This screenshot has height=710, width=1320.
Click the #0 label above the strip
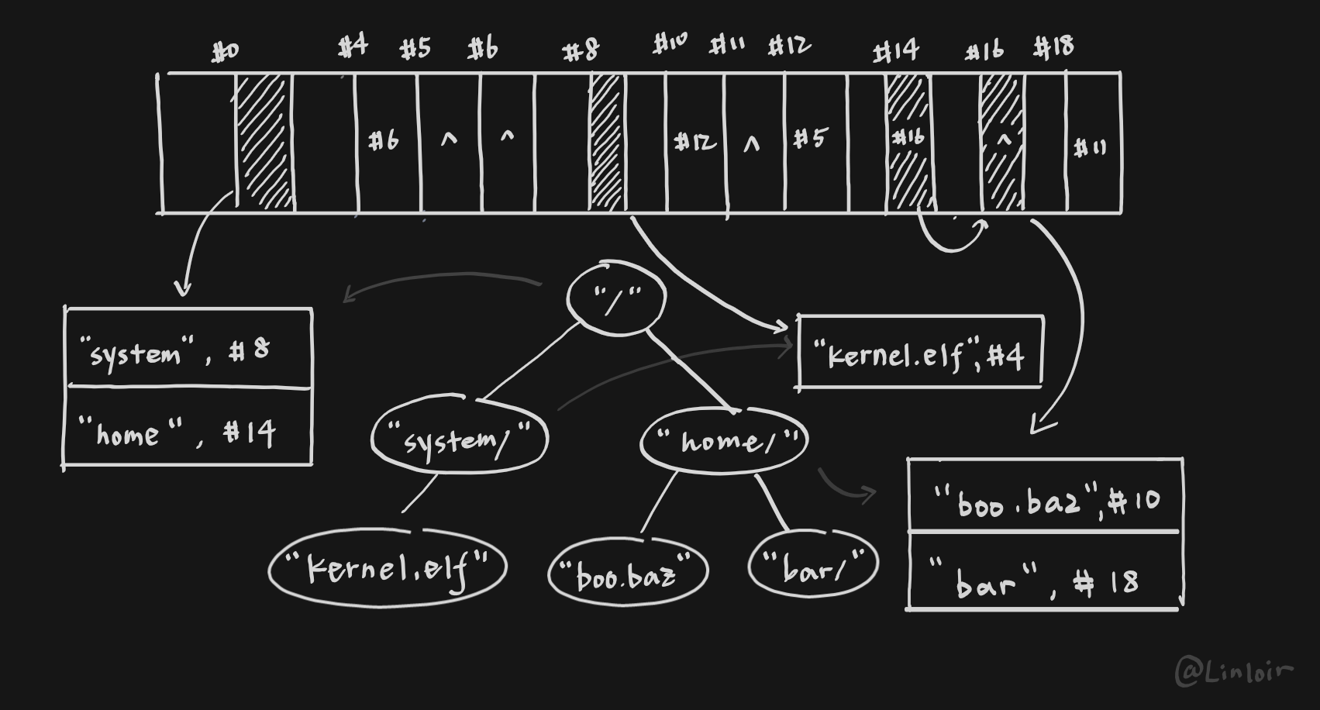pyautogui.click(x=226, y=52)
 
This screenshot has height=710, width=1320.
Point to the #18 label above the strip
pyautogui.click(x=1054, y=47)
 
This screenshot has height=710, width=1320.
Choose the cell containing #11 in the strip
pyautogui.click(x=1092, y=146)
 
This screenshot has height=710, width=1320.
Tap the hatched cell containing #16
pyautogui.click(x=908, y=141)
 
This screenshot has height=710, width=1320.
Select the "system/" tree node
pyautogui.click(x=460, y=439)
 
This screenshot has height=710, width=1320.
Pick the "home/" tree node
pyautogui.click(x=724, y=440)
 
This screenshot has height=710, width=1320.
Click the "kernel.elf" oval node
pyautogui.click(x=388, y=568)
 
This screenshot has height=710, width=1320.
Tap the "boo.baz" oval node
pyautogui.click(x=628, y=574)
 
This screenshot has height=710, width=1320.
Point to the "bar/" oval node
pyautogui.click(x=813, y=567)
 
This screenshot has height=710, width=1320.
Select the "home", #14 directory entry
pyautogui.click(x=188, y=430)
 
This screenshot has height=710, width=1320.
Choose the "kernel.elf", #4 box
pyautogui.click(x=920, y=353)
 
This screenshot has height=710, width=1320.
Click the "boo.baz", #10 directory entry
pyautogui.click(x=1045, y=498)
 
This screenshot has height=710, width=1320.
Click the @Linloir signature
pyautogui.click(x=1234, y=671)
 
